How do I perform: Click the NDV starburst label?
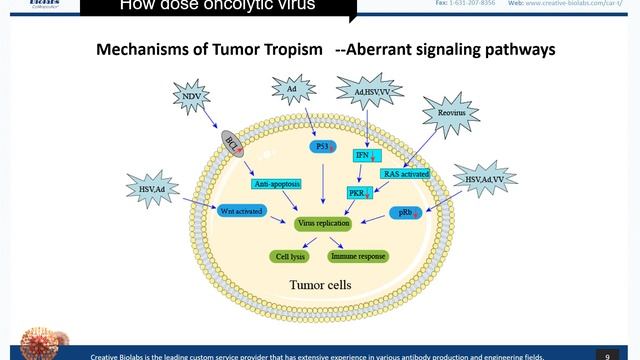tap(191, 98)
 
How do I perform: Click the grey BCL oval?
tap(230, 140)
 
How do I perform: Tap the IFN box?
tap(364, 155)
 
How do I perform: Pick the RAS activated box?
tap(406, 173)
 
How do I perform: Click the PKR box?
tap(359, 192)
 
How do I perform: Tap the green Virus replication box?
tap(324, 225)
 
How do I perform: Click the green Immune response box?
tap(358, 256)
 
